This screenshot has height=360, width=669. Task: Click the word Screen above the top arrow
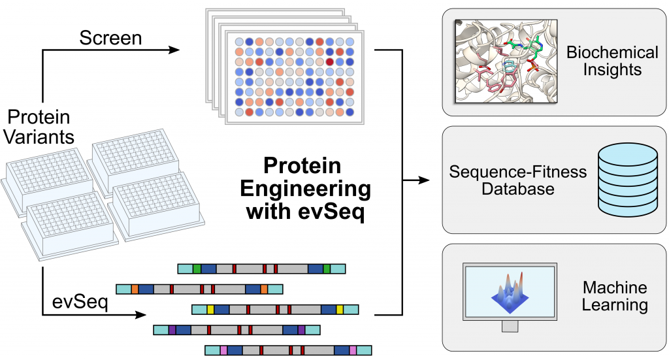tap(110, 38)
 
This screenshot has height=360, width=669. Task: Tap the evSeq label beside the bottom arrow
tap(80, 302)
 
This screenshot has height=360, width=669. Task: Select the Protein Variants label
tap(39, 127)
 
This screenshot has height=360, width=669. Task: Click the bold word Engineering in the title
tap(305, 189)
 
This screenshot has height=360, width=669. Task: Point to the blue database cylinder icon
tap(628, 180)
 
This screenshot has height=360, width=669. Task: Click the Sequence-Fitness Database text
tap(518, 180)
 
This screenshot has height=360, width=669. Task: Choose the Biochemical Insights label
tap(612, 61)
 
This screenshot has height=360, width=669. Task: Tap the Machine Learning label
tap(615, 296)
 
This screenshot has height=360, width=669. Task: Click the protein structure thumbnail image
tap(506, 61)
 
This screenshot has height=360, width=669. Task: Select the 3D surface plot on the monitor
tap(510, 292)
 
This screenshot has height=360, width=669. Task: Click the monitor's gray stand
tap(510, 326)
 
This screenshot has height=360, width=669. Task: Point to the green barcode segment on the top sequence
tap(197, 269)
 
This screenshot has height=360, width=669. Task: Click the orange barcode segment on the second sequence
tap(135, 289)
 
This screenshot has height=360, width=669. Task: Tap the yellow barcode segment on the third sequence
tap(210, 310)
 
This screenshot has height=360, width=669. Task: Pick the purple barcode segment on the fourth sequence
tap(172, 330)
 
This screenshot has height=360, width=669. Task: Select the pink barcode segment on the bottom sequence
tap(223, 351)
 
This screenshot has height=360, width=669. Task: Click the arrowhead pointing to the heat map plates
tap(174, 50)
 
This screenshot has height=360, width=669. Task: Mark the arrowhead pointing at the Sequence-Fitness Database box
tap(423, 180)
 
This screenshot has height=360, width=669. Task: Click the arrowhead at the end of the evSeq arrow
tap(141, 315)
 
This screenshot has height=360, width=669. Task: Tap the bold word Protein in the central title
tap(302, 165)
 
